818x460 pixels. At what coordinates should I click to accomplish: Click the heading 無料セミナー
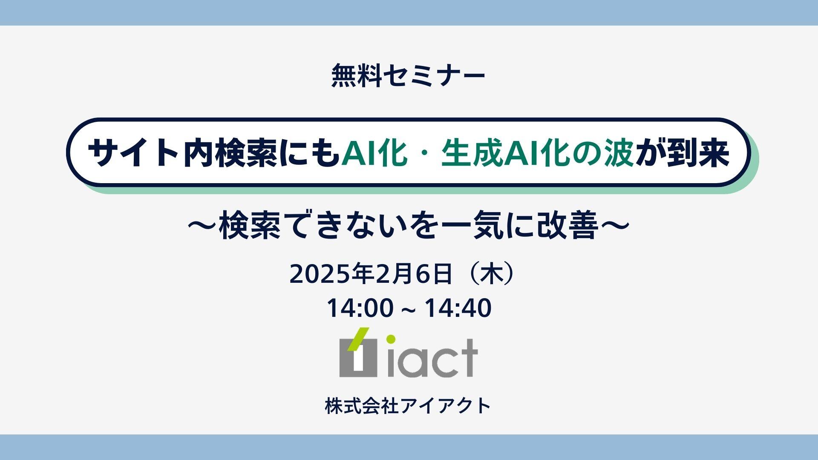(408, 76)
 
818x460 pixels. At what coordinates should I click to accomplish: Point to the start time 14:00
(360, 308)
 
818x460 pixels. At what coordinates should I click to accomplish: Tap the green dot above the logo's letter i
(391, 340)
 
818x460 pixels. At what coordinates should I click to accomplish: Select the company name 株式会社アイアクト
(408, 405)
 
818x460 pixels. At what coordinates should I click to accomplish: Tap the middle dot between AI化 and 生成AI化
(423, 154)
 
